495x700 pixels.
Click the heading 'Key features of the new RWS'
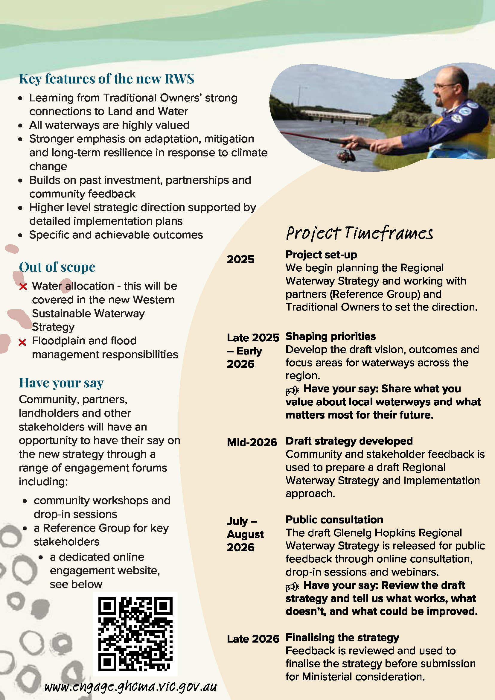[x=106, y=79]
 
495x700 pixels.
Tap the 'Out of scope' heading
[x=57, y=267]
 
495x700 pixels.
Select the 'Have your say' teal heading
[x=61, y=383]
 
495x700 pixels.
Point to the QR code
[x=135, y=634]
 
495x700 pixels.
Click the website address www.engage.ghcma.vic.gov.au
[x=130, y=687]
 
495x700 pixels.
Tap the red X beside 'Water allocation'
[x=23, y=287]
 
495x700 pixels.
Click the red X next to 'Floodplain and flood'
[x=22, y=342]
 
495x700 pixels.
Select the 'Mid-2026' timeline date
[x=252, y=442]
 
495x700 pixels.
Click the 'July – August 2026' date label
[x=245, y=534]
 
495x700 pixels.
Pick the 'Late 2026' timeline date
[x=253, y=639]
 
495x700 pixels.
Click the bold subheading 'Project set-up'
[x=321, y=255]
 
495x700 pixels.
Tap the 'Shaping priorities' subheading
[x=330, y=336]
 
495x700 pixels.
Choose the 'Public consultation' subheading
[x=334, y=520]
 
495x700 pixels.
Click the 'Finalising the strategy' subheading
[x=342, y=637]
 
